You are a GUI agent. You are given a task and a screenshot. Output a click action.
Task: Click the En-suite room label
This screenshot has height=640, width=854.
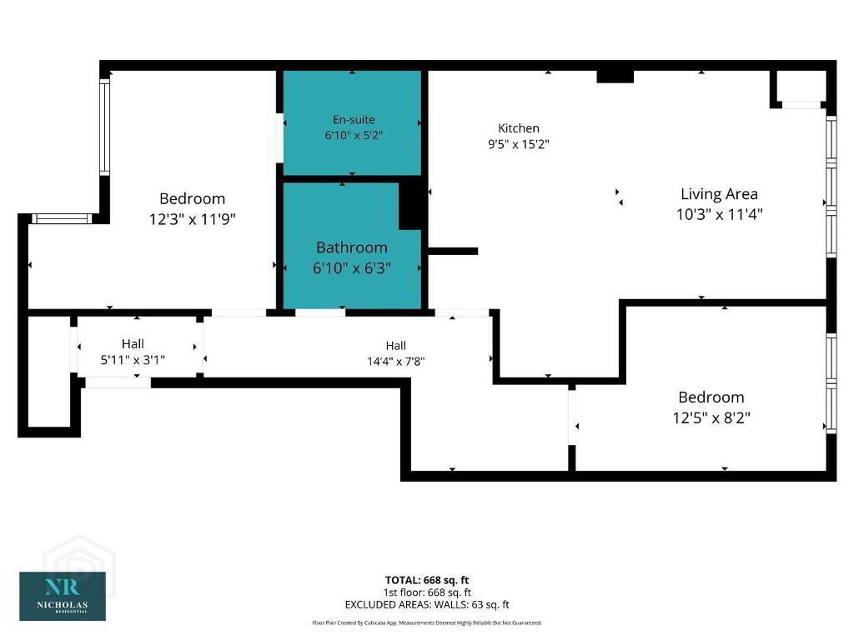click(354, 119)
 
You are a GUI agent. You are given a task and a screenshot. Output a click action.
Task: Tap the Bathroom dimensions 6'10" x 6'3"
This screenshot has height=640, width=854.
click(352, 267)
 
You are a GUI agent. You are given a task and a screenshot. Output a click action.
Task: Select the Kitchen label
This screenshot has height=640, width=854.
click(519, 127)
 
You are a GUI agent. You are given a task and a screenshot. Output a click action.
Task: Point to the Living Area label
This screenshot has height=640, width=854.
click(719, 193)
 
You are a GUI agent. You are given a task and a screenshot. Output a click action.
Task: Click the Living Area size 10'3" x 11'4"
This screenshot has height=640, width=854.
click(719, 214)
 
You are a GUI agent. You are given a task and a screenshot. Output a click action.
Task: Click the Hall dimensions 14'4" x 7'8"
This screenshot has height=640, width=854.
click(396, 362)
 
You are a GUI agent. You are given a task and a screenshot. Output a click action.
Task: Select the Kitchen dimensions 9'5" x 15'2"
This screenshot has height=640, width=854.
click(519, 144)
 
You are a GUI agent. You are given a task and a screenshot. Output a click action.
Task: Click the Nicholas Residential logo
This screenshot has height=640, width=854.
click(63, 596)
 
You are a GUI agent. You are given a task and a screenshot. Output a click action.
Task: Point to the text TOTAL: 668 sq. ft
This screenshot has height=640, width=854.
click(427, 580)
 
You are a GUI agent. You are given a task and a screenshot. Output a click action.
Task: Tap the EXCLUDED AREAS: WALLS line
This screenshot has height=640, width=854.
click(427, 605)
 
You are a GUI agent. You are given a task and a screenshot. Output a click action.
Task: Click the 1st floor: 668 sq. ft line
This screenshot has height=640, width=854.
click(427, 592)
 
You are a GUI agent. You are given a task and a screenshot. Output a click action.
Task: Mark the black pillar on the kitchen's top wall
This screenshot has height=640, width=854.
click(615, 76)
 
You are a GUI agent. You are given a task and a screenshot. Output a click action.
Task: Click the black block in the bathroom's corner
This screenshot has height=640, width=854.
click(412, 205)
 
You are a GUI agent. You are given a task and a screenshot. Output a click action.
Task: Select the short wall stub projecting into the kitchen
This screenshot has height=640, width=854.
click(453, 251)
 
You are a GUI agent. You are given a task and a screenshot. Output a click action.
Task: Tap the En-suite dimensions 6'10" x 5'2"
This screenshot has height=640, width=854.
click(354, 135)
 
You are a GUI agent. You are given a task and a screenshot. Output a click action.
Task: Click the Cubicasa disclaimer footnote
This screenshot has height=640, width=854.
click(427, 622)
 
